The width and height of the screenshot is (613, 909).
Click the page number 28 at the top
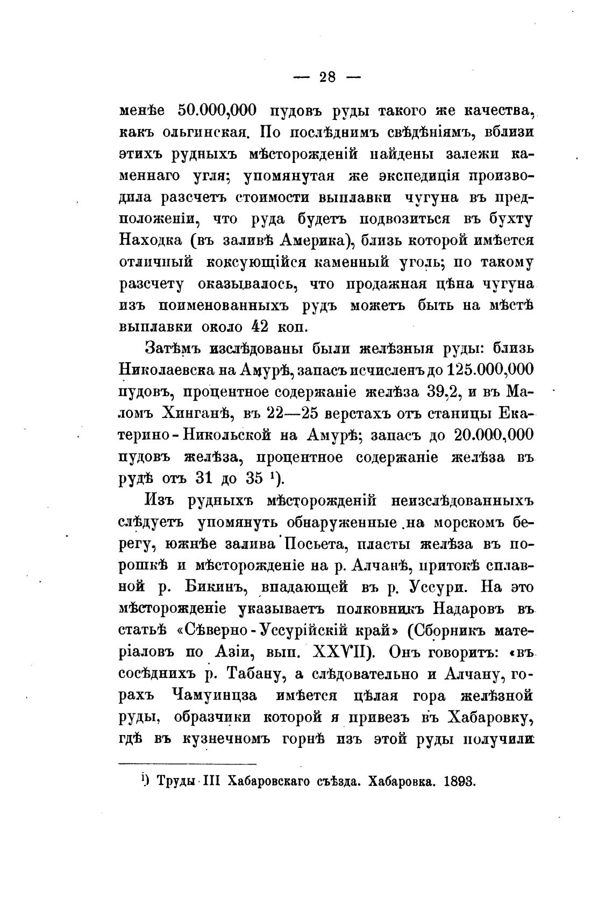tap(327, 77)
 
